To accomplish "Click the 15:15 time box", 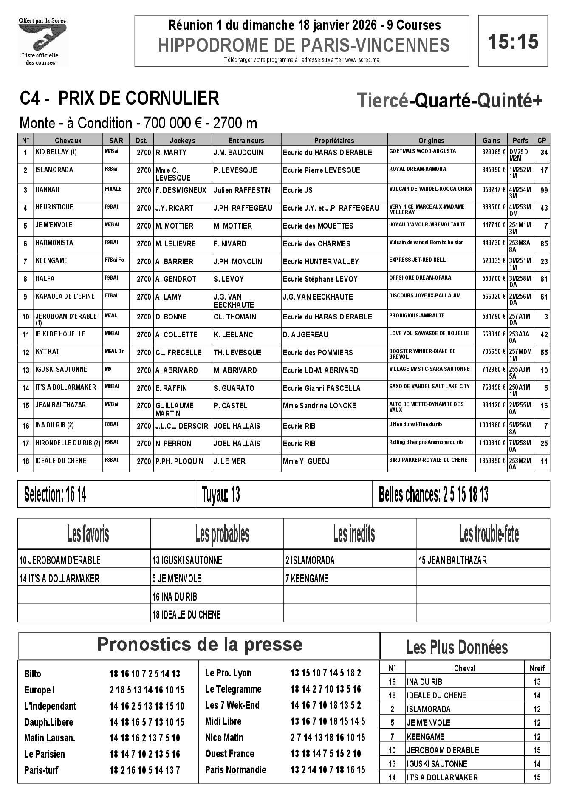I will click(x=513, y=41).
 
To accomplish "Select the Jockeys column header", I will click(x=182, y=140).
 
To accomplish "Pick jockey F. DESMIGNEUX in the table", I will click(x=181, y=190).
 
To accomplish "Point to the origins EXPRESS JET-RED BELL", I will click(x=417, y=260).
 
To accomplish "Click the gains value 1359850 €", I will click(x=491, y=461).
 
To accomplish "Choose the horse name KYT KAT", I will click(x=48, y=352).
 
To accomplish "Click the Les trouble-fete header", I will click(x=489, y=534).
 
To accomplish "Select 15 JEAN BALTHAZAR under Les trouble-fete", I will click(x=453, y=560).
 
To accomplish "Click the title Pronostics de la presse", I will click(x=199, y=644).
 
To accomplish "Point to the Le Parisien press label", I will click(x=45, y=754).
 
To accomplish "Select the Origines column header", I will click(x=431, y=140).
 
